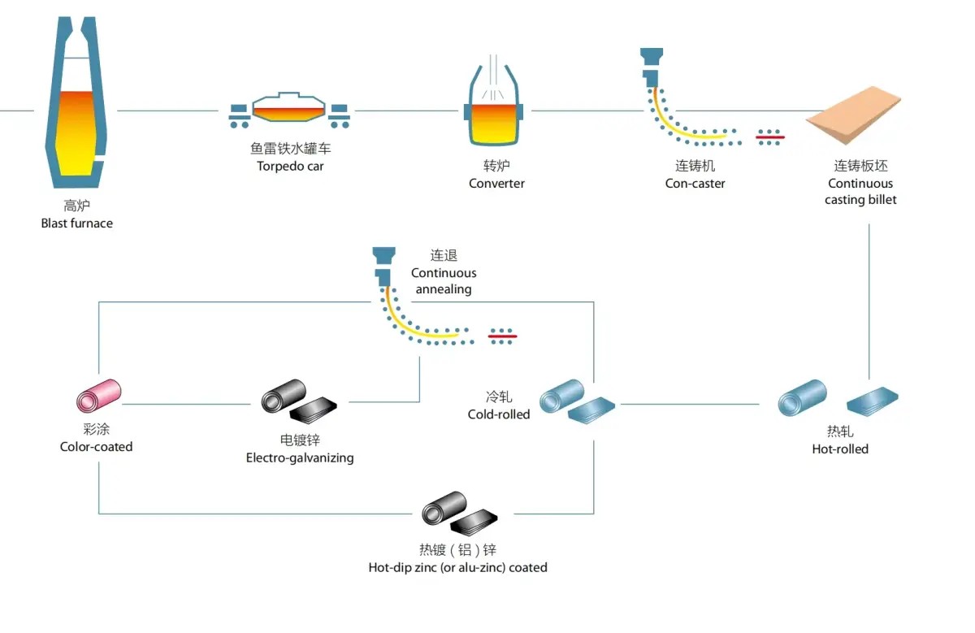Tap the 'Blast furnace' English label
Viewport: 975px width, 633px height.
(77, 223)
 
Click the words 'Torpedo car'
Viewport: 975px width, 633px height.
(290, 167)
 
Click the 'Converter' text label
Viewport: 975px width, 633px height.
(496, 184)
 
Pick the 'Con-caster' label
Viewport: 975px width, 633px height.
(695, 184)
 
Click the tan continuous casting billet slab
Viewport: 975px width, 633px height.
(854, 122)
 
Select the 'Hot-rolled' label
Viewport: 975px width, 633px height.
(840, 449)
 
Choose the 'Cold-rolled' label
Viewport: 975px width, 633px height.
(498, 414)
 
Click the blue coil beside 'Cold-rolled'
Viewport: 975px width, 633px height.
(563, 398)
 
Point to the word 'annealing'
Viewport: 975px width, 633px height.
(443, 289)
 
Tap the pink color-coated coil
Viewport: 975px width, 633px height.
(98, 396)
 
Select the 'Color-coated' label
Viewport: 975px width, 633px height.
(96, 447)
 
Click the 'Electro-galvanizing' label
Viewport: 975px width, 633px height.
(300, 458)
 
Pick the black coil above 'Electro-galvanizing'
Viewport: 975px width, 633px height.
(283, 398)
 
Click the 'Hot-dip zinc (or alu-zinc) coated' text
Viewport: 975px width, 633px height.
(457, 568)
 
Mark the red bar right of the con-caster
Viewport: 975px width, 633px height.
(769, 137)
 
